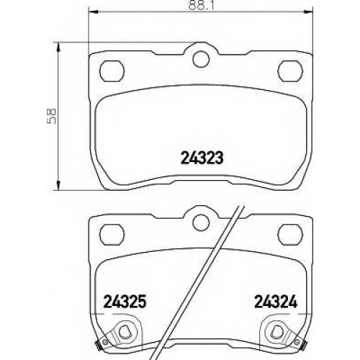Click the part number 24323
coord(202,158)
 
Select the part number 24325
coord(125,302)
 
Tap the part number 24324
coord(276,302)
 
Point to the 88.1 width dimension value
coord(201,5)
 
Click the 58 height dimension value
coord(51,116)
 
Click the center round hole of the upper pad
coord(201,59)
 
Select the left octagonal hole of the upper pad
coord(112,71)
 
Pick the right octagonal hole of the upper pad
coord(290,71)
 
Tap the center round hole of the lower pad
coord(201,222)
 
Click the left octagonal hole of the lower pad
coord(112,235)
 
